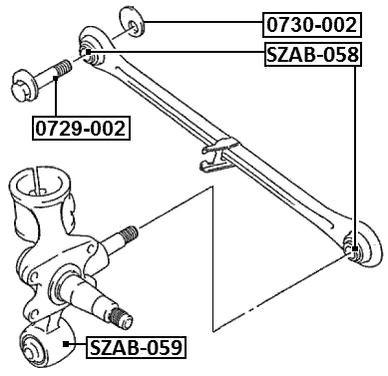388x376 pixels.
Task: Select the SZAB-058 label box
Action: click(311, 55)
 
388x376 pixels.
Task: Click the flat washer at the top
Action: click(130, 22)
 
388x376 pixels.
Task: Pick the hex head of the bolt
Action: click(23, 79)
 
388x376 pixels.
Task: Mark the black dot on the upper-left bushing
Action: click(87, 52)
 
